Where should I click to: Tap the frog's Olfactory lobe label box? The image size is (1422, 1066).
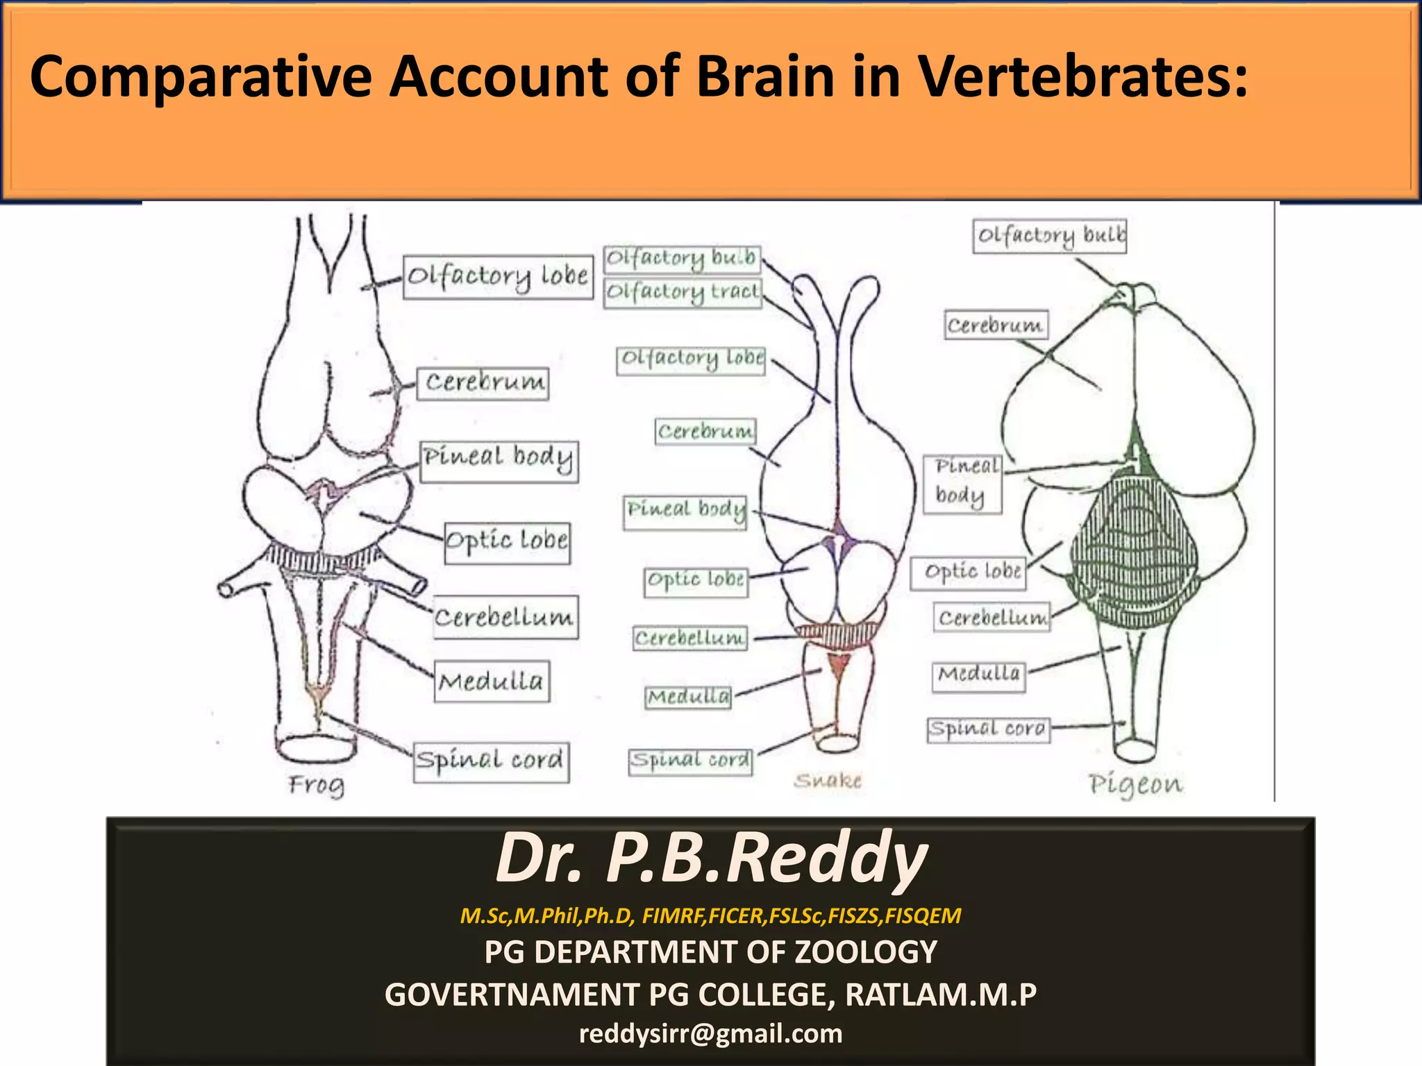click(x=498, y=277)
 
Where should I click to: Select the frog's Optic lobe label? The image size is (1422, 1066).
click(x=507, y=542)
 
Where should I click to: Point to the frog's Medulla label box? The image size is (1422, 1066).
click(x=492, y=682)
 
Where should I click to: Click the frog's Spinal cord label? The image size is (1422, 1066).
click(x=491, y=761)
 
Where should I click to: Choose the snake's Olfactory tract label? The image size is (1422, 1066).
click(x=683, y=292)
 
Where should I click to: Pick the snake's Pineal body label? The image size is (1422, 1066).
click(x=685, y=511)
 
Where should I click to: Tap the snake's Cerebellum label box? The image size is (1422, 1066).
click(x=690, y=638)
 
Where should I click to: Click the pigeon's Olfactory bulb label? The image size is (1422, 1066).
click(x=1049, y=237)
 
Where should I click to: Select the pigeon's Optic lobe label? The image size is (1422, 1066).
click(x=968, y=573)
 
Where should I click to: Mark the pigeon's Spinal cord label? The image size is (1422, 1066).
click(x=988, y=729)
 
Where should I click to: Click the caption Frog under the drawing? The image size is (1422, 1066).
click(x=317, y=786)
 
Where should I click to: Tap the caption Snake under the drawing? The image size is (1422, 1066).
click(x=828, y=781)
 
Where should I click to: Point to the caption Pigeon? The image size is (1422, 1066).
click(x=1135, y=784)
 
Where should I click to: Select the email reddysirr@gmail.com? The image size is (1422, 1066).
click(x=711, y=1034)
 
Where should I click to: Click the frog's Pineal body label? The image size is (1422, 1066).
click(x=499, y=459)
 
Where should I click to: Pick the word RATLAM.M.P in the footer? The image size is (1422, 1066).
click(x=941, y=995)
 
